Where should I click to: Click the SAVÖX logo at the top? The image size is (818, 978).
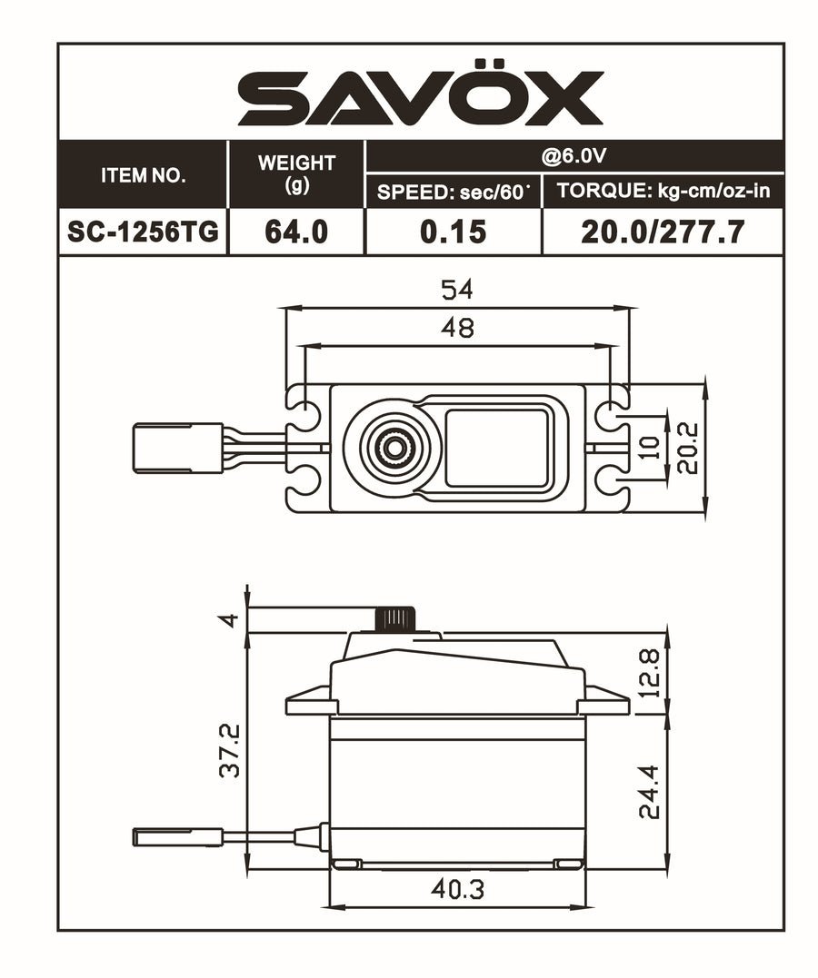point(420,98)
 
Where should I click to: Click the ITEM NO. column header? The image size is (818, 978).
point(143,175)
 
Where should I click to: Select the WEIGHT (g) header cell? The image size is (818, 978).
point(296,173)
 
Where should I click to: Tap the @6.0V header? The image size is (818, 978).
point(573,156)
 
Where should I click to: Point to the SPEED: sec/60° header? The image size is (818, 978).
point(453,192)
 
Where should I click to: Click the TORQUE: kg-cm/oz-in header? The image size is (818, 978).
point(663,192)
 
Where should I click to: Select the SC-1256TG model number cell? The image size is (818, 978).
point(143,232)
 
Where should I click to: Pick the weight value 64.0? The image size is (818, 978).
point(296,232)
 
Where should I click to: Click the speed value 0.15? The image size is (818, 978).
point(453,232)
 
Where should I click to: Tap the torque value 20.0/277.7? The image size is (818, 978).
point(663,232)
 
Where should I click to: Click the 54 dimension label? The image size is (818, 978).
point(457,291)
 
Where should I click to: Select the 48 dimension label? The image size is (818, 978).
point(457,328)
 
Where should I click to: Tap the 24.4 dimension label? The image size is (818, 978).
point(648,792)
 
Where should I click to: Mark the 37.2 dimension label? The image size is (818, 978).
point(231,749)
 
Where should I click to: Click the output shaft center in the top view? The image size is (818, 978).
point(393,446)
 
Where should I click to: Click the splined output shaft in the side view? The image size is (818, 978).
point(394,619)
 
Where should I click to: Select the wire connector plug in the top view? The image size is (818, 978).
point(177,448)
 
